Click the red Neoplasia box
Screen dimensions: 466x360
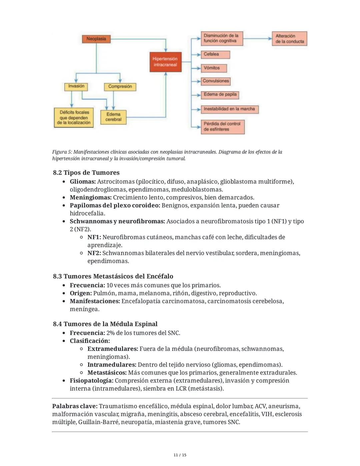[x=96, y=39]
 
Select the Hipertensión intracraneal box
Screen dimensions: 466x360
[x=165, y=62]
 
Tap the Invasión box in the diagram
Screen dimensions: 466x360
[x=76, y=86]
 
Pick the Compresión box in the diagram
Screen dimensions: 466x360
[x=120, y=87]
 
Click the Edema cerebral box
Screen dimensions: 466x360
[x=113, y=117]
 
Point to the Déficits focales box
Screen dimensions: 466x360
[x=74, y=117]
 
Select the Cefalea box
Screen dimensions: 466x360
[x=215, y=54]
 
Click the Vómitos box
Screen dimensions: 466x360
[x=214, y=68]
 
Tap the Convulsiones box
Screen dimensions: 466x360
[x=216, y=81]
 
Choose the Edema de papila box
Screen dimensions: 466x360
[x=220, y=95]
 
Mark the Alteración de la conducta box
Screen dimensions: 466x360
[x=290, y=39]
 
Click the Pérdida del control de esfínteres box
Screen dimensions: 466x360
[x=222, y=127]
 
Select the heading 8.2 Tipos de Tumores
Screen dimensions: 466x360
[x=86, y=172]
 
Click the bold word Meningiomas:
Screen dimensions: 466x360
[x=91, y=197]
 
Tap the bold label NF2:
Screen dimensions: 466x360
[x=94, y=253]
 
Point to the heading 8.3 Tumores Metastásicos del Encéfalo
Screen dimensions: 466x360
[x=113, y=276]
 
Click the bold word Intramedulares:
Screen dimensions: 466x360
[x=112, y=365]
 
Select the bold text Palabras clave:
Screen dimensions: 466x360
[x=75, y=406]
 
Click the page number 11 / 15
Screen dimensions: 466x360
[x=180, y=455]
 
